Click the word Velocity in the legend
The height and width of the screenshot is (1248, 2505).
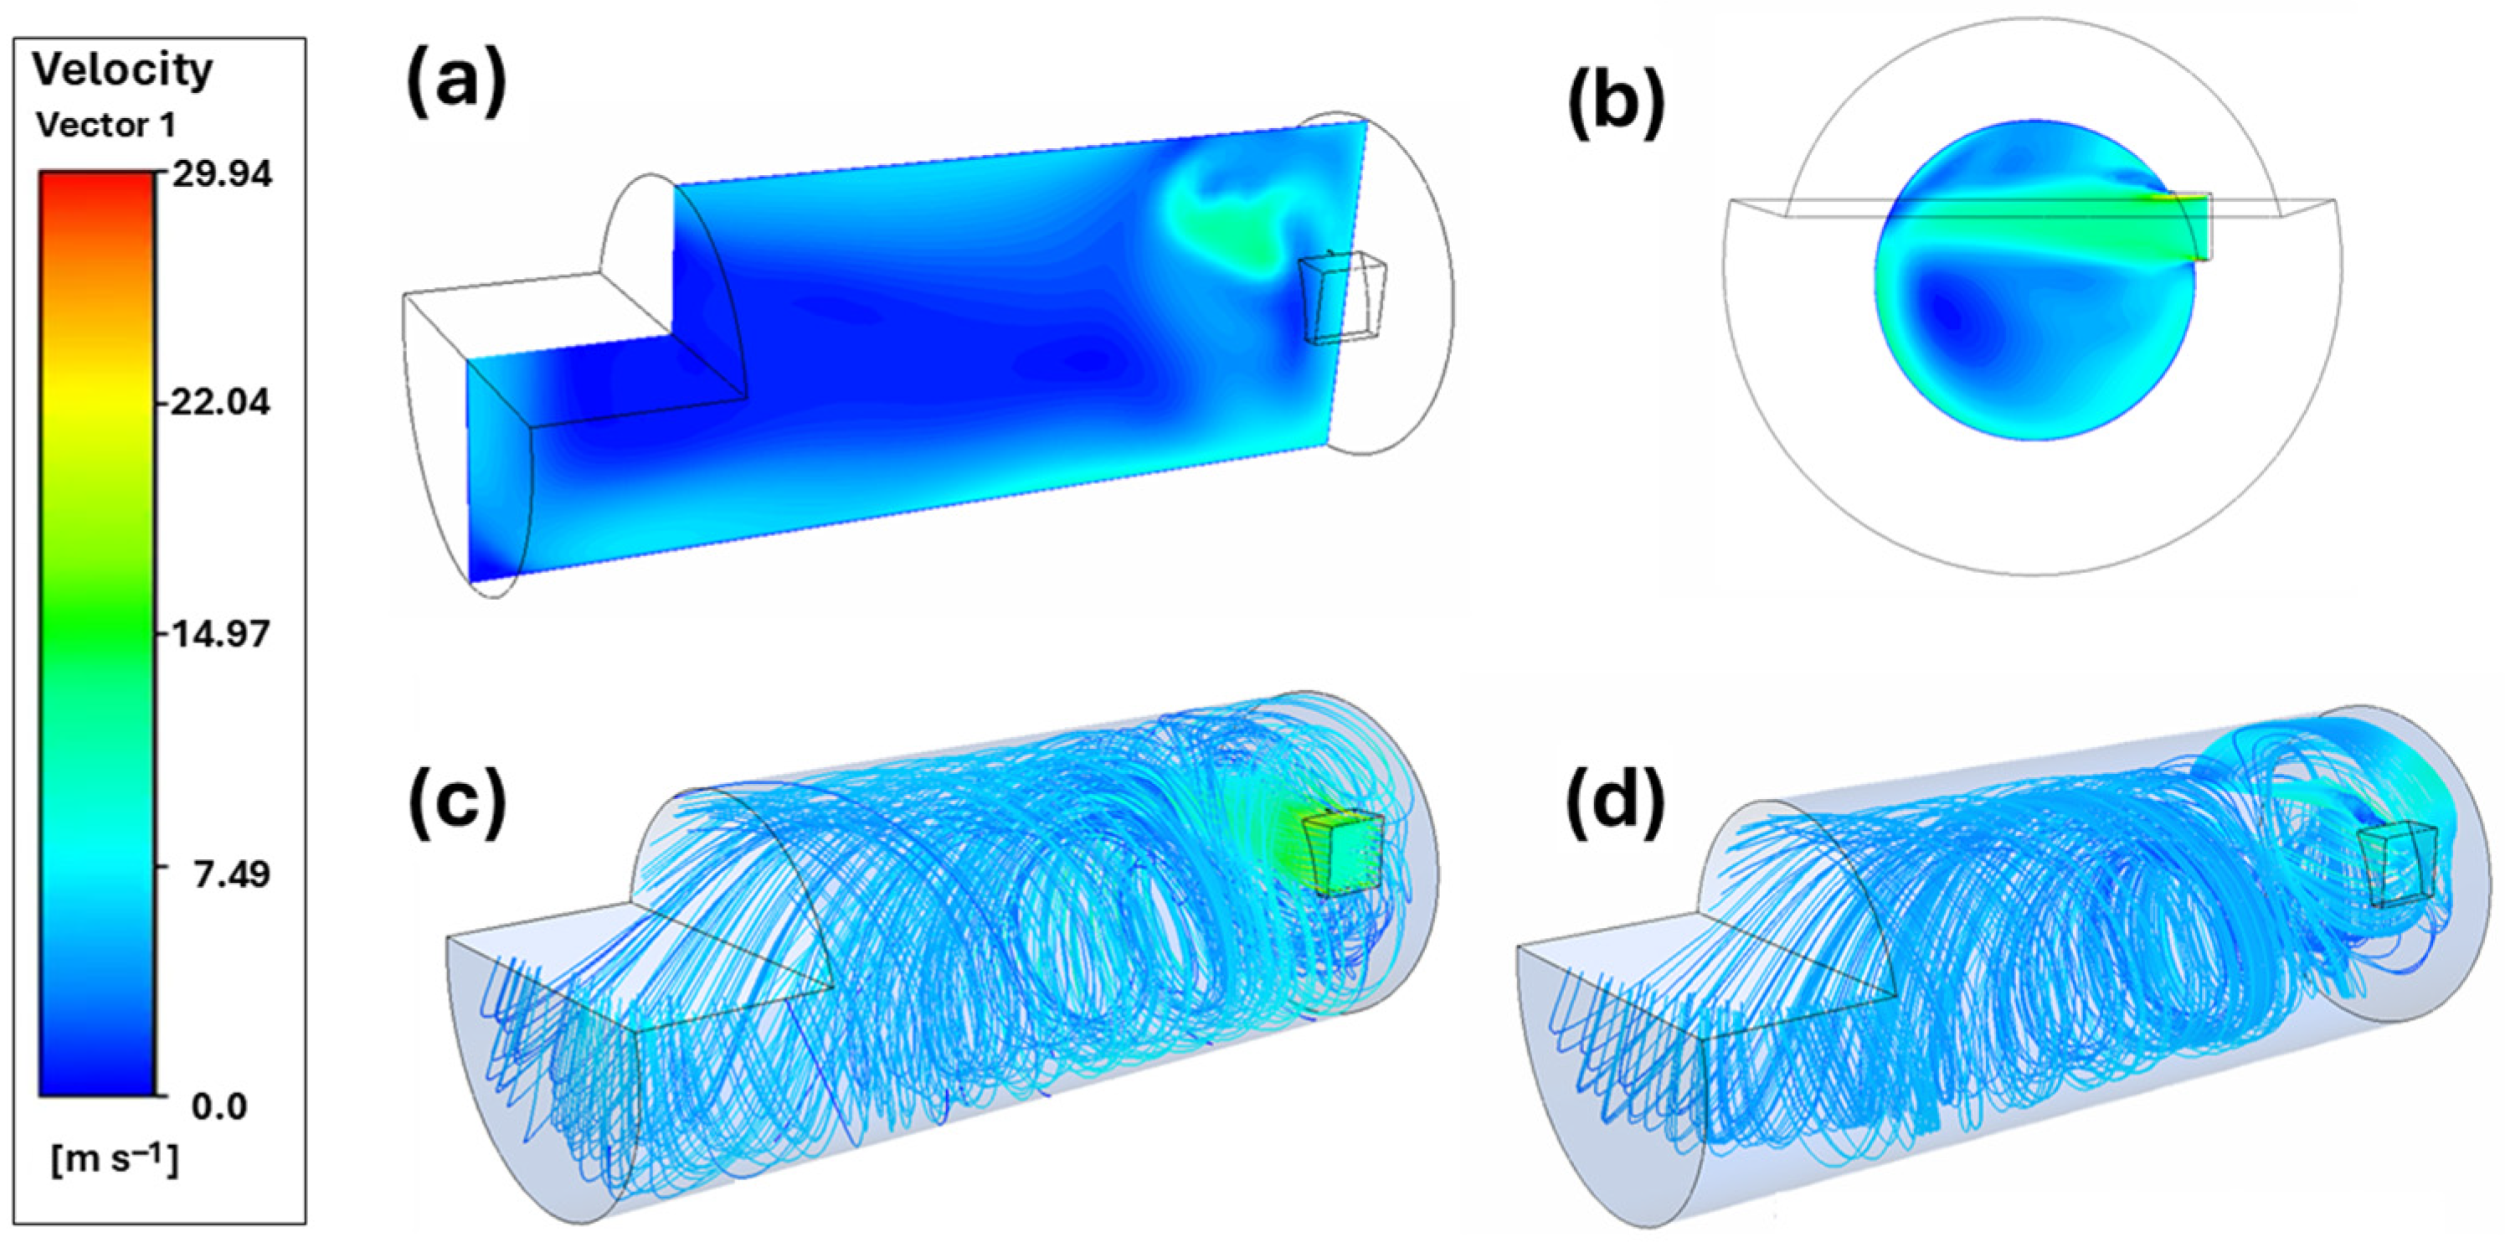[x=122, y=70]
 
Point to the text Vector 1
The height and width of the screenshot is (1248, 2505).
[x=106, y=126]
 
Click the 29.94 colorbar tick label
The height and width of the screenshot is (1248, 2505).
[x=222, y=174]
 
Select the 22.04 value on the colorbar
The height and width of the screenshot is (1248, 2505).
[x=219, y=402]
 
